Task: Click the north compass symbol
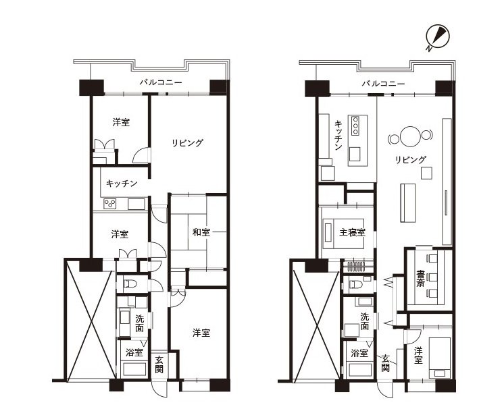[x=437, y=38]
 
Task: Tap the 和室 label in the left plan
[x=201, y=232]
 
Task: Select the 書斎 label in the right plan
[x=420, y=278]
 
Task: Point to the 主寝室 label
[x=352, y=232]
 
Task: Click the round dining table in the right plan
[x=410, y=136]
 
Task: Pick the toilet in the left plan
[x=131, y=284]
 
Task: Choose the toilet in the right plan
[x=356, y=284]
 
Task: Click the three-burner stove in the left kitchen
[x=110, y=204]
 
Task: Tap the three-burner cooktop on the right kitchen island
[x=355, y=126]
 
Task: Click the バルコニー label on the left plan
[x=161, y=82]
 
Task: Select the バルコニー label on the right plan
[x=384, y=84]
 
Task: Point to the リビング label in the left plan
[x=188, y=142]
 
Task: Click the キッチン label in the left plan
[x=122, y=184]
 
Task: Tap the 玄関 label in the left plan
[x=159, y=364]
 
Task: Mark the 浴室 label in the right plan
[x=359, y=353]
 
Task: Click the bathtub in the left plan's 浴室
[x=134, y=369]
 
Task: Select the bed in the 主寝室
[x=343, y=234]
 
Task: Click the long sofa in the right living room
[x=407, y=202]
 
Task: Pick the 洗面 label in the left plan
[x=139, y=323]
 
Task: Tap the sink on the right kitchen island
[x=355, y=154]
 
